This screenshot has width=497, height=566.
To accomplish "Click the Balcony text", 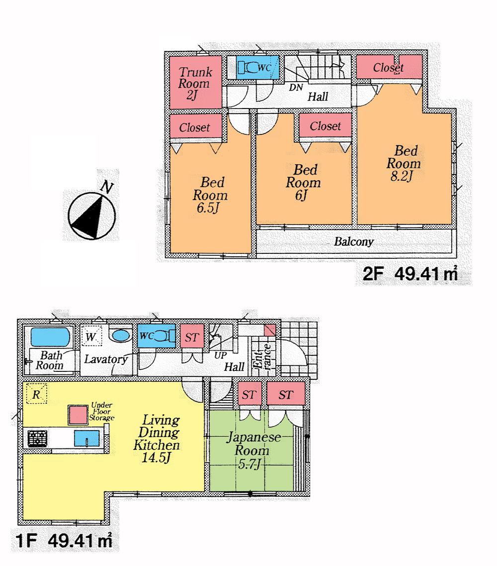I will tap(353, 242).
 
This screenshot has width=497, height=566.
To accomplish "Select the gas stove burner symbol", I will tap(36, 439).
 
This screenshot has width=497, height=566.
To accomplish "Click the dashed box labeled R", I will tap(36, 394).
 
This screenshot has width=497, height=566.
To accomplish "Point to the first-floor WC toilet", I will tap(156, 336).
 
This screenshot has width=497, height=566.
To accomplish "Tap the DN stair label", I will tap(297, 88).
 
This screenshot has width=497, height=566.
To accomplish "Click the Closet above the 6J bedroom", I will tap(325, 126).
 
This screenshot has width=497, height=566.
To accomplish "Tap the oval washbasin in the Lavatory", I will tap(119, 336).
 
